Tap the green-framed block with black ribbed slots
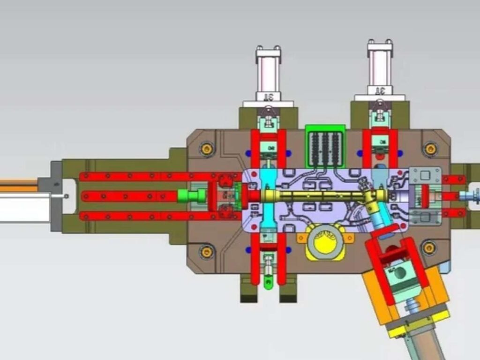pos(325,146)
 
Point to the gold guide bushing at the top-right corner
pos(430,149)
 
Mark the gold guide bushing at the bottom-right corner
pos(429,247)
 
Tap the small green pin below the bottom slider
pos(268,283)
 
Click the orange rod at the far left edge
pos(19,185)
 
